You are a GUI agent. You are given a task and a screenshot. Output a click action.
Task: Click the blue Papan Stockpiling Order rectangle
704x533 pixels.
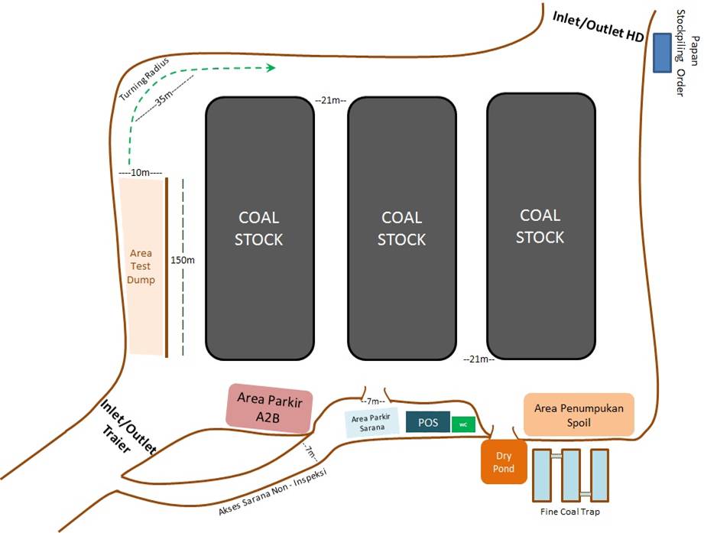(662, 53)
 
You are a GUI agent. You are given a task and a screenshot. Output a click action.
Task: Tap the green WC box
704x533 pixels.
(463, 424)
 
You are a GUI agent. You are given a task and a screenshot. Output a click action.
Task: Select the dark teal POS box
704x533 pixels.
(428, 422)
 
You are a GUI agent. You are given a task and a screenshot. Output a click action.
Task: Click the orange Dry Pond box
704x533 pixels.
(504, 462)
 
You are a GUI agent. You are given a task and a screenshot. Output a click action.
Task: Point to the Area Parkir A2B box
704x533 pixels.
(269, 408)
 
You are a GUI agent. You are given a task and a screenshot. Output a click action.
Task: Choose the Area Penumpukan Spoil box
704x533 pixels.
(579, 415)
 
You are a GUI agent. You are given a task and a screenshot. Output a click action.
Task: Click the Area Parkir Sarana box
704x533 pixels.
(371, 423)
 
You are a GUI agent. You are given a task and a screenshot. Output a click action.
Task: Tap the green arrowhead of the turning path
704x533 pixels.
(271, 68)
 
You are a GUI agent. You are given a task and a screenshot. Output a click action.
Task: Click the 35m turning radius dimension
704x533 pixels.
(164, 99)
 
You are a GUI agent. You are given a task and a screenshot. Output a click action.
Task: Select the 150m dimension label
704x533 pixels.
(182, 260)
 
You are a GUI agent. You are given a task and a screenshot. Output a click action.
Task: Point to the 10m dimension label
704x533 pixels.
(140, 172)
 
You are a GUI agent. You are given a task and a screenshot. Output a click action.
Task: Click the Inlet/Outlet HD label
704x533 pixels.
(598, 26)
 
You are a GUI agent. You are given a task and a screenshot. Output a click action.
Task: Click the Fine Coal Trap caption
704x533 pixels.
(570, 512)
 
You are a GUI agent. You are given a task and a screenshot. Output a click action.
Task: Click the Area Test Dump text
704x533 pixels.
(141, 266)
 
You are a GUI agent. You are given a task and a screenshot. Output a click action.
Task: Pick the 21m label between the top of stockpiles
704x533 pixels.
(330, 100)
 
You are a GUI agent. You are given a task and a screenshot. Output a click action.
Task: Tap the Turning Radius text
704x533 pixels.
(144, 79)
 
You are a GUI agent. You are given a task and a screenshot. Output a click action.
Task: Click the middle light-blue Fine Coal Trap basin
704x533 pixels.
(571, 476)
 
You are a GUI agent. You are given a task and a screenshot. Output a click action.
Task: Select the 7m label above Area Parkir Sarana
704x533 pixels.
(373, 401)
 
